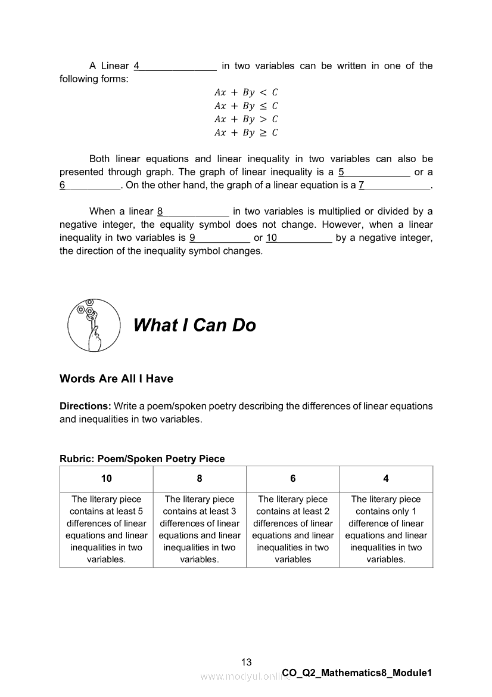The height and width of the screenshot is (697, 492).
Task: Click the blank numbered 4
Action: tap(175, 66)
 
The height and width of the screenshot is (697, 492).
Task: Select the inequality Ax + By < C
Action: tap(246, 92)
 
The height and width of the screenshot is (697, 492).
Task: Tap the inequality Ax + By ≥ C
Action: tap(246, 133)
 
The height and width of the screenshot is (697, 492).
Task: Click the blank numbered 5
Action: tap(374, 172)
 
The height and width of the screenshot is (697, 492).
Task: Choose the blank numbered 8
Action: tap(193, 212)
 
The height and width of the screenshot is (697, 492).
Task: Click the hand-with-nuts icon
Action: tap(91, 325)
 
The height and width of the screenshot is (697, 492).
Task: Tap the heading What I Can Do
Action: tap(194, 325)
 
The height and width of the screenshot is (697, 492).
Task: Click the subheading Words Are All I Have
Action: tap(116, 379)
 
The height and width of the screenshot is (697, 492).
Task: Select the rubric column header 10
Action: tap(106, 479)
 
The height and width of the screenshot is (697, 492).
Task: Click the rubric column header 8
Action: tap(200, 479)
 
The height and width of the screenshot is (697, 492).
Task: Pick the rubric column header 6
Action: tap(293, 479)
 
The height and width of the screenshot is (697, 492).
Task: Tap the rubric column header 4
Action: tap(386, 479)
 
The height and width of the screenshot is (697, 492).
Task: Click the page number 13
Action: tap(247, 662)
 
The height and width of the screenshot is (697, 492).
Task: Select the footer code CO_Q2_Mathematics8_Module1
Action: tap(357, 673)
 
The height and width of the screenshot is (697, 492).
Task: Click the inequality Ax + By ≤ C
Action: tap(246, 106)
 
